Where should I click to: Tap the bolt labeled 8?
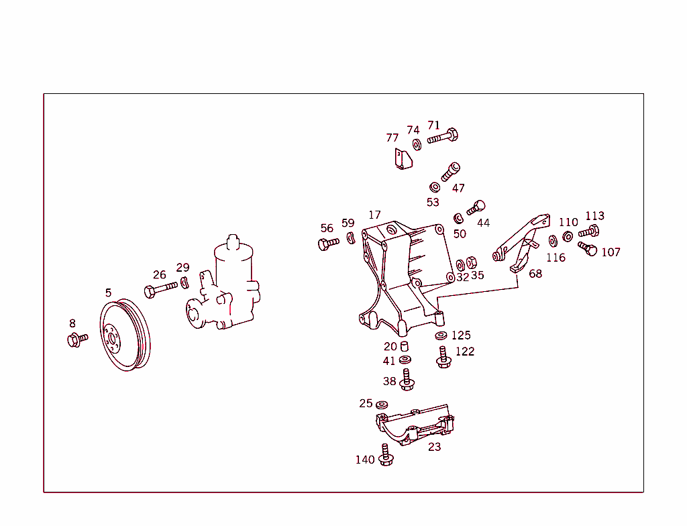coord(76,340)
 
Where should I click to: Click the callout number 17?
coord(374,215)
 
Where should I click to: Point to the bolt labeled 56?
coord(328,244)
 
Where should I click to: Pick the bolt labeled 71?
coord(443,138)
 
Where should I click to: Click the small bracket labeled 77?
coord(401,160)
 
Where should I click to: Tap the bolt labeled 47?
coord(451,171)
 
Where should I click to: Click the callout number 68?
coord(535,274)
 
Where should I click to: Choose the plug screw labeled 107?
coord(588,250)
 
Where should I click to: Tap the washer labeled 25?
coord(382,405)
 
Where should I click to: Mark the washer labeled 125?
coord(441,335)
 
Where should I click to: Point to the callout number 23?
coord(435,447)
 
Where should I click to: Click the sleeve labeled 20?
coord(405,346)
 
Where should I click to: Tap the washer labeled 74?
coord(417,144)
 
